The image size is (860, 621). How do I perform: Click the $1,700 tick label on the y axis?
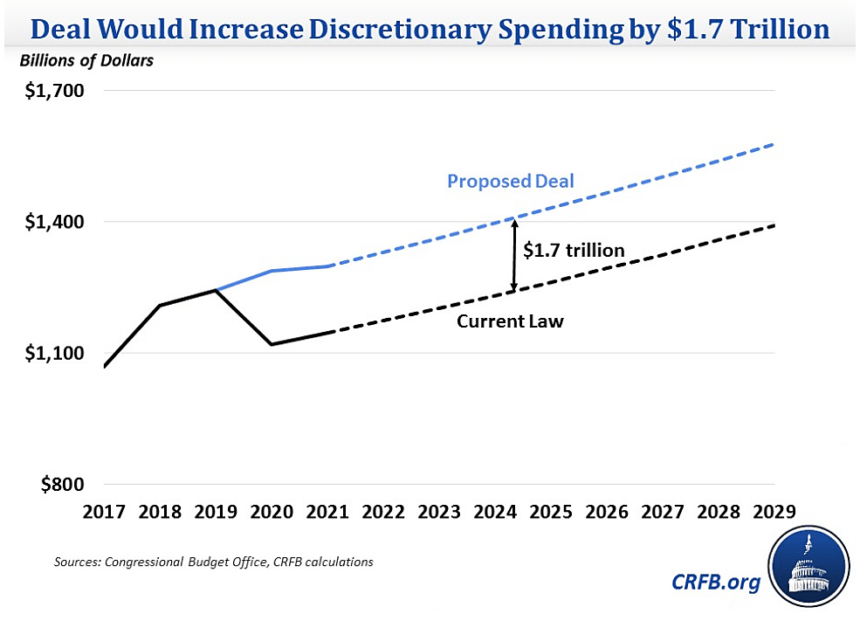point(49,91)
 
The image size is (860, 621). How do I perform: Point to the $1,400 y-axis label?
point(49,222)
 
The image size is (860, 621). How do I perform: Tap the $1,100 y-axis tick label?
point(49,353)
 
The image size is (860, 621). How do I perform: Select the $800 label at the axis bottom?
point(56,485)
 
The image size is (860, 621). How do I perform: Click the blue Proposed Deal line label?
point(510,182)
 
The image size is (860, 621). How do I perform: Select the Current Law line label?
point(510,321)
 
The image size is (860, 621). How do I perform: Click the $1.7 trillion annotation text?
point(574,251)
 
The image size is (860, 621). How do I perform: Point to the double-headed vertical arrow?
point(515,255)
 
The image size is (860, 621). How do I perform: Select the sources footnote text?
point(213,562)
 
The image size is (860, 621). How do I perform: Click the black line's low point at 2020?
point(272,344)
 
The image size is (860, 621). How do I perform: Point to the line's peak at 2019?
point(216,290)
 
